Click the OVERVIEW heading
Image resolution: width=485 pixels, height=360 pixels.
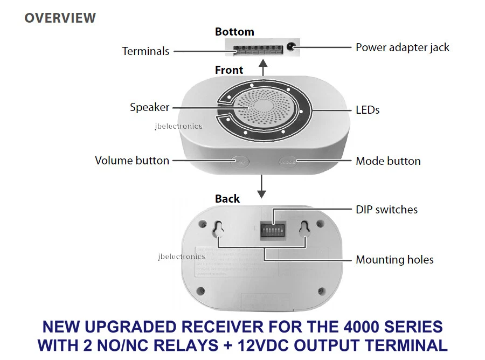coord(60,18)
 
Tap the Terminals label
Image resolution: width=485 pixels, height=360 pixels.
coord(145,51)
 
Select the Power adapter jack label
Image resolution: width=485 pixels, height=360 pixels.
coord(402,47)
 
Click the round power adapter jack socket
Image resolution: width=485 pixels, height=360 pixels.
coord(291,47)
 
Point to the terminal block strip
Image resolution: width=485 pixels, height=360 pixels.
coord(258,50)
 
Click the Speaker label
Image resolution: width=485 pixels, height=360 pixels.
coord(149,107)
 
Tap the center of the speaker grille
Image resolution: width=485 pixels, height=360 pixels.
coord(264,107)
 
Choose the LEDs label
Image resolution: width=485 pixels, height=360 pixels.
coord(368,110)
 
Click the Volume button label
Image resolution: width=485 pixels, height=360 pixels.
coord(132,161)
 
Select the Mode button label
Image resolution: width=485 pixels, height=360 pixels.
coord(388,161)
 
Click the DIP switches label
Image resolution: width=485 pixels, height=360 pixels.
coord(386,209)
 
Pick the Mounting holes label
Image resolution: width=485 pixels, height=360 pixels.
coord(394,260)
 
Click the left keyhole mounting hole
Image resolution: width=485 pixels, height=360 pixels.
coord(218,229)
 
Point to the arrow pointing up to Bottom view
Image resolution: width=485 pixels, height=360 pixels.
coord(262,68)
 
